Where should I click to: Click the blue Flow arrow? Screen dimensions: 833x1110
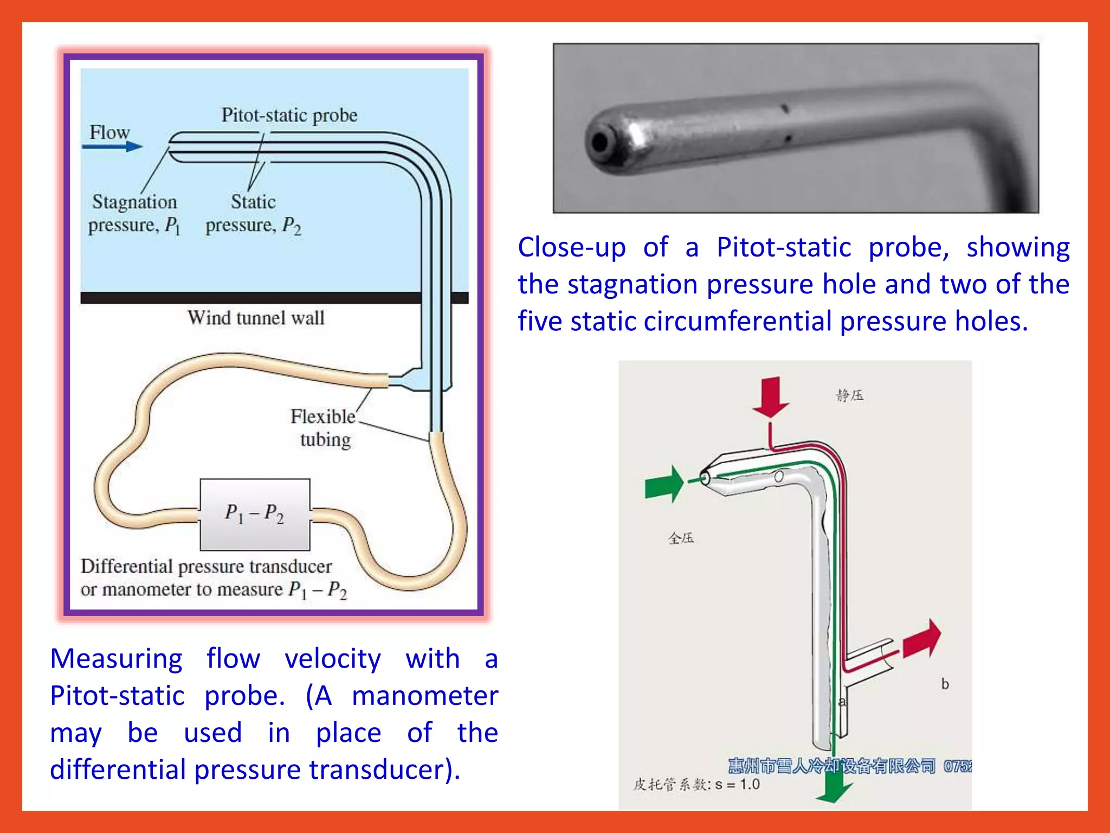tap(113, 146)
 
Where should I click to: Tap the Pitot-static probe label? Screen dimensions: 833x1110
tap(289, 115)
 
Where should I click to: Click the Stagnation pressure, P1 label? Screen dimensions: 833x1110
tap(134, 214)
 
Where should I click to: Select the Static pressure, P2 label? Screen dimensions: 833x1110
tap(253, 214)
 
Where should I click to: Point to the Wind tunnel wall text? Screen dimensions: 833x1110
tap(256, 318)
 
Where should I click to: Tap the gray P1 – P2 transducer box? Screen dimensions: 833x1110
tap(255, 514)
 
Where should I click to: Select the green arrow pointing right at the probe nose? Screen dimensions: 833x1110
tap(664, 483)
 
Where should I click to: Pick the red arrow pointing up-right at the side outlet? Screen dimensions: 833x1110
tap(922, 639)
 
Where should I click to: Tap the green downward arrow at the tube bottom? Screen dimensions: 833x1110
tap(834, 787)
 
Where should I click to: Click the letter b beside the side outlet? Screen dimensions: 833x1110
tap(945, 684)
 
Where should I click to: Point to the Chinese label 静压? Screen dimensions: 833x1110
tap(849, 395)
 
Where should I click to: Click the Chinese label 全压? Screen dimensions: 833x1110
tap(681, 538)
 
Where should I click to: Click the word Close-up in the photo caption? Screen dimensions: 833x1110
tap(571, 247)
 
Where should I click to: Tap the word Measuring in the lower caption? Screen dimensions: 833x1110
tap(116, 659)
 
